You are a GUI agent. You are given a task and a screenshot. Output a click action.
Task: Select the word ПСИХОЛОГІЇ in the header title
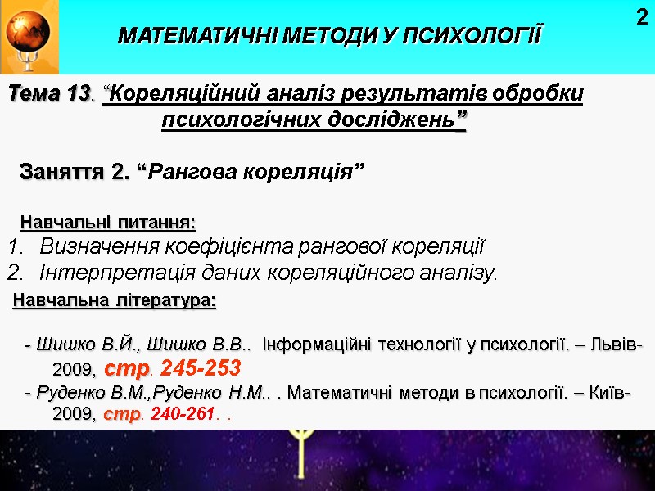477,37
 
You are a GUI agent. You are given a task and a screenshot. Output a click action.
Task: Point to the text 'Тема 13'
47,94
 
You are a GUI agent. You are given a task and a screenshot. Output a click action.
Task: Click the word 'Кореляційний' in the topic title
173,94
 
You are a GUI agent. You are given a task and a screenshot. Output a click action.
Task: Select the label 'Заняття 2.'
74,173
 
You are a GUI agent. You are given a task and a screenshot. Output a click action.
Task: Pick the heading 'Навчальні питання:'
107,223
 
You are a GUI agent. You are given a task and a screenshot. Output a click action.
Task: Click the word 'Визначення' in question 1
95,245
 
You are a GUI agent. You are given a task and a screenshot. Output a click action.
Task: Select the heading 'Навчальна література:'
115,301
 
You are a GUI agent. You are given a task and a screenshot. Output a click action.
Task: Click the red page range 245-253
201,366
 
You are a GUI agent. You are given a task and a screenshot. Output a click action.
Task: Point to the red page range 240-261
187,414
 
